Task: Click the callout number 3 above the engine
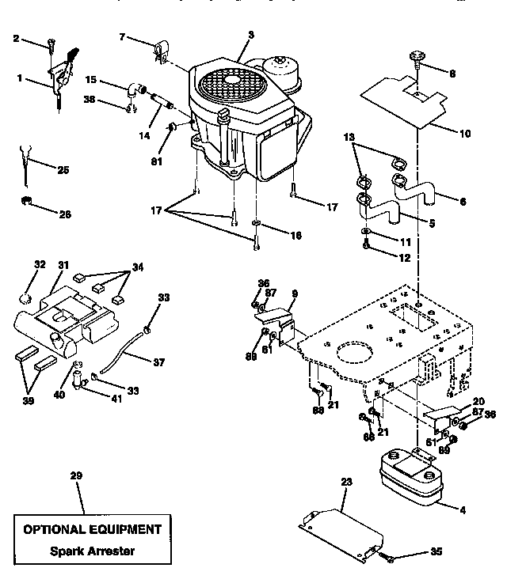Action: (x=250, y=35)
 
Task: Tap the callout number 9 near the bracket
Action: (x=294, y=294)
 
